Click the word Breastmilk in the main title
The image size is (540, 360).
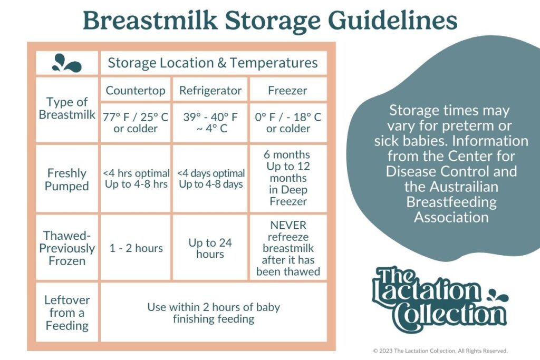click(150, 21)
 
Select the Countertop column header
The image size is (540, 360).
click(136, 91)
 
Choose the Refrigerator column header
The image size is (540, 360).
click(210, 91)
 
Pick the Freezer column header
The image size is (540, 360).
click(287, 91)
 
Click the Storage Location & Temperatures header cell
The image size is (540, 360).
click(213, 63)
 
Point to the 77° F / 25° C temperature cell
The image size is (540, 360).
click(136, 122)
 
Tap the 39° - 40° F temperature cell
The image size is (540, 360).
click(210, 122)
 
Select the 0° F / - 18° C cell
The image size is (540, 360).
click(288, 122)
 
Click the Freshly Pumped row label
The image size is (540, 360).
click(67, 179)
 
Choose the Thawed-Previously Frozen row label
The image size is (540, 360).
click(67, 248)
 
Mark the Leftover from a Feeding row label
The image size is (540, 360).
click(67, 313)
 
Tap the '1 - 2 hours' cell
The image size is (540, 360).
click(136, 248)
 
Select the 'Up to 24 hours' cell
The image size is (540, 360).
click(210, 248)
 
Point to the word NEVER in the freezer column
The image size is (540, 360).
click(288, 225)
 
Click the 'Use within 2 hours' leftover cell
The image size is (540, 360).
click(214, 313)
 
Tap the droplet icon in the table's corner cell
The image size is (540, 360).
click(66, 63)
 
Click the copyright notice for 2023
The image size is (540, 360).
click(440, 351)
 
